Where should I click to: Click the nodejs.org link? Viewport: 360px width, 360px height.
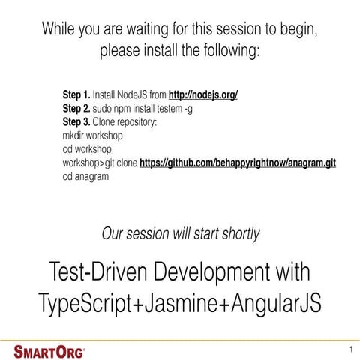(204, 96)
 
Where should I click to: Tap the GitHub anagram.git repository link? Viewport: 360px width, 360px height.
(238, 163)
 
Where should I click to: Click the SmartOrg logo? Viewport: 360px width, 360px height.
(50, 349)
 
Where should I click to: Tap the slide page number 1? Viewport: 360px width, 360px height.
(350, 350)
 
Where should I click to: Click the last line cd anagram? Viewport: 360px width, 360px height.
(85, 177)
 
